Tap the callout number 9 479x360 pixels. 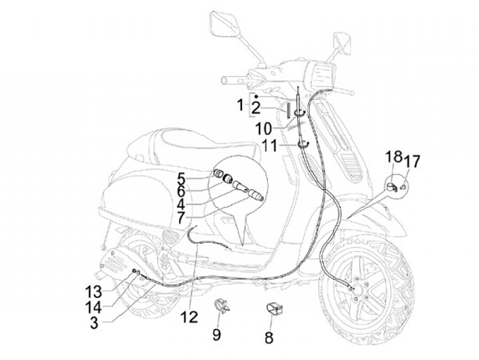217,334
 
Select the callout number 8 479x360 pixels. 269,337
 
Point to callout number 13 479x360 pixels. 93,290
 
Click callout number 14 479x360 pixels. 93,307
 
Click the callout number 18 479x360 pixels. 394,157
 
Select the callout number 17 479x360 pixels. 412,160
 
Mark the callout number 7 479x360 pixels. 182,217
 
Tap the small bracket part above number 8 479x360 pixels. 273,309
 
